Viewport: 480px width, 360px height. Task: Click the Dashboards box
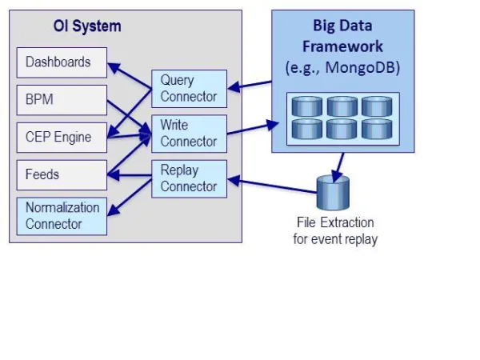pyautogui.click(x=62, y=62)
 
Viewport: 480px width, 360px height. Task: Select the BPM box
pyautogui.click(x=62, y=100)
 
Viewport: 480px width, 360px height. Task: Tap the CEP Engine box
pyautogui.click(x=62, y=138)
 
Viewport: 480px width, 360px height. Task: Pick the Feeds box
pyautogui.click(x=62, y=175)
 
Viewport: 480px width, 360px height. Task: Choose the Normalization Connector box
pyautogui.click(x=62, y=216)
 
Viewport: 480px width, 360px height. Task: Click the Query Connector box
pyautogui.click(x=189, y=89)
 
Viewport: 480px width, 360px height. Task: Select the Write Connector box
pyautogui.click(x=189, y=134)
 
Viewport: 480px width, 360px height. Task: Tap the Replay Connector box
pyautogui.click(x=189, y=178)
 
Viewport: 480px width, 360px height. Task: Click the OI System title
pyautogui.click(x=87, y=26)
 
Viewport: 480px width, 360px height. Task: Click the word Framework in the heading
pyautogui.click(x=342, y=46)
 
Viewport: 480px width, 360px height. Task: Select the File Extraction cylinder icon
pyautogui.click(x=333, y=193)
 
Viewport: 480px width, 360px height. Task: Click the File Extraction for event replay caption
pyautogui.click(x=335, y=231)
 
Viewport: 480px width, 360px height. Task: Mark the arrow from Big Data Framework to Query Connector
pyautogui.click(x=250, y=86)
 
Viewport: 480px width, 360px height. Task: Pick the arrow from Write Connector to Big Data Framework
pyautogui.click(x=253, y=128)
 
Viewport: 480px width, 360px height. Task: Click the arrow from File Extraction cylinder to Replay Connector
pyautogui.click(x=272, y=186)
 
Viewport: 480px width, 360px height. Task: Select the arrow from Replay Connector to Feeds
pyautogui.click(x=129, y=175)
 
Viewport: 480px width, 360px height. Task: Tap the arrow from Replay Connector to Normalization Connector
pyautogui.click(x=130, y=197)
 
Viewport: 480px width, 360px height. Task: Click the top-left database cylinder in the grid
pyautogui.click(x=307, y=106)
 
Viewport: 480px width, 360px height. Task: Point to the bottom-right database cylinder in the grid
pyautogui.click(x=377, y=129)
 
